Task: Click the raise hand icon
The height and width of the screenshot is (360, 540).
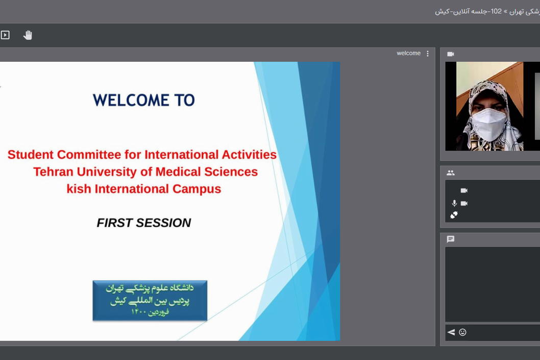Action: pos(28,35)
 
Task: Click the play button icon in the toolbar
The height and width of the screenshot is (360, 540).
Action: pos(5,35)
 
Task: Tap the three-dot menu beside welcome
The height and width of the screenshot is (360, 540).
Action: pos(428,54)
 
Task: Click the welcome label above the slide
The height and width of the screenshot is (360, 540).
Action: pos(408,53)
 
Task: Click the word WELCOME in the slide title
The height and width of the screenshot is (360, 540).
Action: pos(131,100)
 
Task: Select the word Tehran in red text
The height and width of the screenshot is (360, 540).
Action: pos(54,172)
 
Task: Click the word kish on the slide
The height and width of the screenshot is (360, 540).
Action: pos(79,189)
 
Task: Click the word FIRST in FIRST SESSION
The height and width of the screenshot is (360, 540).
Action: pos(115,223)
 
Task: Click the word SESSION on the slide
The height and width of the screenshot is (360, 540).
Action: pos(163,223)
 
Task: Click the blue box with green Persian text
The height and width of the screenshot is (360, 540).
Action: pos(150,300)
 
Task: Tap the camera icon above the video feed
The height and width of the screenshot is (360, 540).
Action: pos(451,54)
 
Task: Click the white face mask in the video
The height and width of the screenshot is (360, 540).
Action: pos(488,125)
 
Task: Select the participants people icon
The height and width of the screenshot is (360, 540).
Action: pos(451,173)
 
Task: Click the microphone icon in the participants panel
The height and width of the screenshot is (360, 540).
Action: pos(454,203)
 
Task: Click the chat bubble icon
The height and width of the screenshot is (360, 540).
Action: pos(451,239)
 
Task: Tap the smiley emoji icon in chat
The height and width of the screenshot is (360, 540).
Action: pos(462,332)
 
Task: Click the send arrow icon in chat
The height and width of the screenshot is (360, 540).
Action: pos(451,332)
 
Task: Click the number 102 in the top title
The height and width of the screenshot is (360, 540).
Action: pos(496,11)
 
